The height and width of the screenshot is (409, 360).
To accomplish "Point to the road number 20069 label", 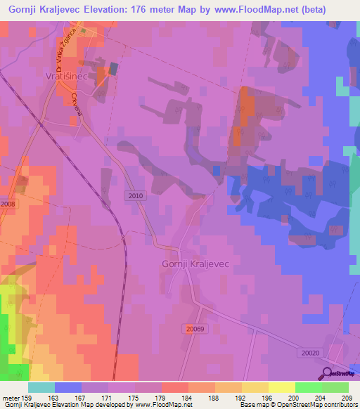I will tap(195, 328).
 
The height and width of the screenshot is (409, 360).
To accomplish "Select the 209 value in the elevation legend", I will tap(344, 397).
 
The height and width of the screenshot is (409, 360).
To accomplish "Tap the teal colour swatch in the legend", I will tap(41, 387).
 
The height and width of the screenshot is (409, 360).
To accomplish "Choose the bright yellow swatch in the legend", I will tap(282, 387).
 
